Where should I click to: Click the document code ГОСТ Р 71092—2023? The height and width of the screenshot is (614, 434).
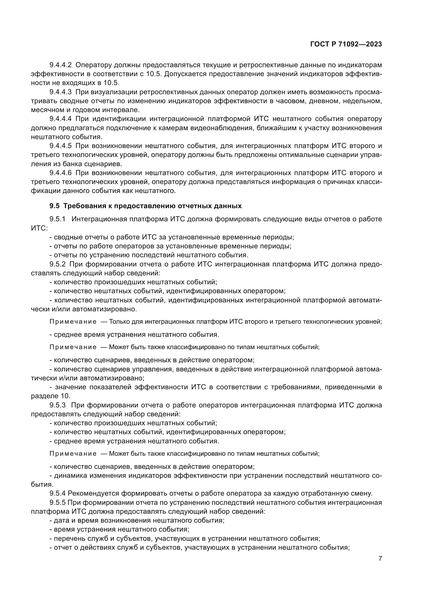coord(346,44)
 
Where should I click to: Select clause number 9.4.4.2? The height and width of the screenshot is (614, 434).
coord(60,65)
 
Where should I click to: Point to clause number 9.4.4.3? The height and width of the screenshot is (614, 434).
coord(60,92)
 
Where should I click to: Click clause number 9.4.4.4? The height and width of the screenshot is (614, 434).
coord(60,119)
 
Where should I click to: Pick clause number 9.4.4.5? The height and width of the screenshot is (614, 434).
coord(60,146)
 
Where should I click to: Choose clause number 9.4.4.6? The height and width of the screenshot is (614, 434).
coord(60,173)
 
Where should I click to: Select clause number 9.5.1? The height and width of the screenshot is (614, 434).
coord(57,219)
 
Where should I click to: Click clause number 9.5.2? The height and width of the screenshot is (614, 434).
coord(57,264)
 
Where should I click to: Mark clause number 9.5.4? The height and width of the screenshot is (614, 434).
coord(57,493)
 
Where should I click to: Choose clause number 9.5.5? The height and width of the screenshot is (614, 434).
coord(57,502)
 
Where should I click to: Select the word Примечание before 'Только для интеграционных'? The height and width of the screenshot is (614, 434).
coord(73,322)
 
